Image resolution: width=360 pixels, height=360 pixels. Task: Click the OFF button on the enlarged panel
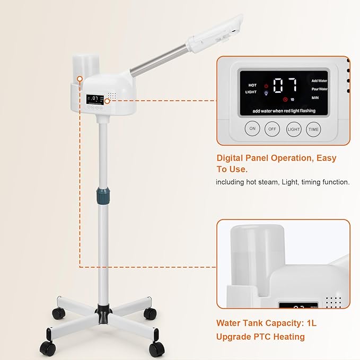click(x=272, y=129)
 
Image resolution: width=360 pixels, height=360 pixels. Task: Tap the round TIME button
click(x=313, y=129)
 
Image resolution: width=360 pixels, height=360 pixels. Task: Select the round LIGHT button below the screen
click(x=293, y=129)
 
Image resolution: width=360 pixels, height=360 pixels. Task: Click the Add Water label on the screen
click(x=319, y=80)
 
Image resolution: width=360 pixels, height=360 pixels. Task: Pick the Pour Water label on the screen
click(x=319, y=89)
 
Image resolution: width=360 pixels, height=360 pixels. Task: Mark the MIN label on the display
click(x=315, y=98)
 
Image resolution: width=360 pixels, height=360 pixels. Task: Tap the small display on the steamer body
click(x=95, y=99)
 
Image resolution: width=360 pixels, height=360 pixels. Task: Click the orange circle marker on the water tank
click(x=79, y=79)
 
